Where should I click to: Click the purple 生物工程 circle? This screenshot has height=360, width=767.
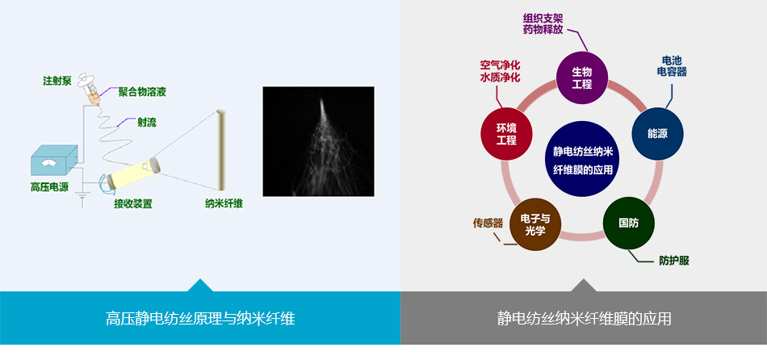pyautogui.click(x=582, y=77)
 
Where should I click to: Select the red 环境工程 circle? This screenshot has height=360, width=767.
pyautogui.click(x=506, y=133)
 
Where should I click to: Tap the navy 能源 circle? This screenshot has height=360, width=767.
pyautogui.click(x=657, y=133)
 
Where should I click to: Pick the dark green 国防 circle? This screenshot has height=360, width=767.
pyautogui.click(x=629, y=223)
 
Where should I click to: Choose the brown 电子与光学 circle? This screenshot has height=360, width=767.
pyautogui.click(x=535, y=224)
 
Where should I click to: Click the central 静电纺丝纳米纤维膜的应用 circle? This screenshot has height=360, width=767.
pyautogui.click(x=582, y=159)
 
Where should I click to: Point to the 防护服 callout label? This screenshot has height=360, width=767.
pyautogui.click(x=673, y=261)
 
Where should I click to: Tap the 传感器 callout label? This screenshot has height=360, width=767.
pyautogui.click(x=488, y=223)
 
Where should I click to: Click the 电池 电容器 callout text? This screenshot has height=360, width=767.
pyautogui.click(x=672, y=66)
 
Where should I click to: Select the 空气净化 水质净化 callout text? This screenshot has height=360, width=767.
pyautogui.click(x=500, y=71)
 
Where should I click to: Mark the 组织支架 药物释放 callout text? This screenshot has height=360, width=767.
pyautogui.click(x=543, y=24)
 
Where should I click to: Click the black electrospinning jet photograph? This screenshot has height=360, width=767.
pyautogui.click(x=318, y=141)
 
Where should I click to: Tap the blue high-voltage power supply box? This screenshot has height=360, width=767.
pyautogui.click(x=54, y=160)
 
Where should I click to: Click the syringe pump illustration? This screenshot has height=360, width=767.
pyautogui.click(x=90, y=89)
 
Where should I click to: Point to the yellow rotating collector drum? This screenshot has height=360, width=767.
pyautogui.click(x=133, y=174)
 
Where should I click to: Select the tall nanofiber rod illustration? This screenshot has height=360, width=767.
pyautogui.click(x=221, y=150)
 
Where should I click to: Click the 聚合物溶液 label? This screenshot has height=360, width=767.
pyautogui.click(x=142, y=93)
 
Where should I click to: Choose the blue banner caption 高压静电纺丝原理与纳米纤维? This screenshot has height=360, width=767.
pyautogui.click(x=200, y=319)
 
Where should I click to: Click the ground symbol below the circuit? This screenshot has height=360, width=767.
pyautogui.click(x=82, y=198)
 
